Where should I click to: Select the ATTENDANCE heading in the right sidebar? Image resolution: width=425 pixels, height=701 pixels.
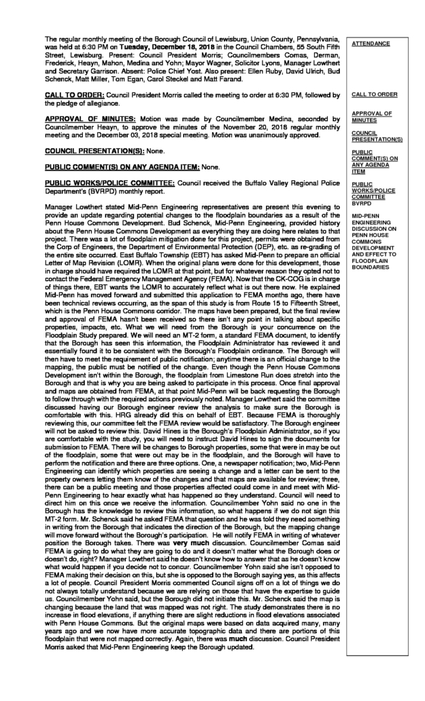[x=371, y=44]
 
